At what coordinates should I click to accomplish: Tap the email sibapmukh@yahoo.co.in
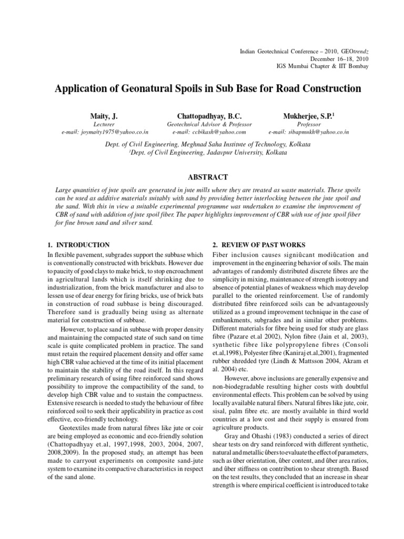pyautogui.click(x=308, y=132)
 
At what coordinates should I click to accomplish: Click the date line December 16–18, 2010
pyautogui.click(x=339, y=59)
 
